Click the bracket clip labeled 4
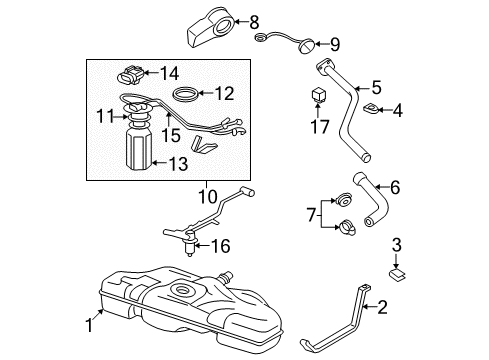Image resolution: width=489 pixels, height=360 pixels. click(369, 108)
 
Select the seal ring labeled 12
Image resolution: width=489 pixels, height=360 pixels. click(186, 96)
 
